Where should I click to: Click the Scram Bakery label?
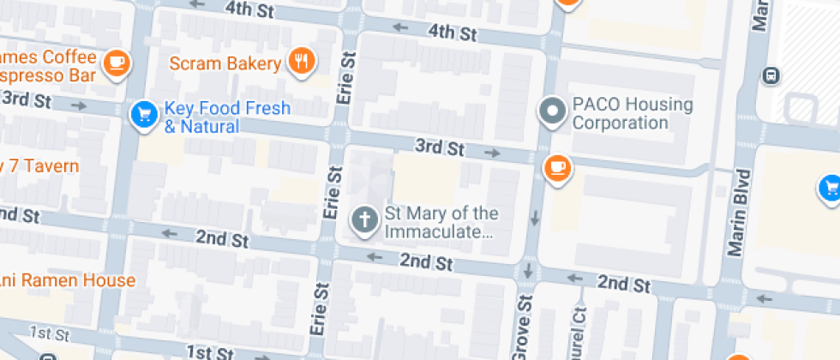(x=225, y=63)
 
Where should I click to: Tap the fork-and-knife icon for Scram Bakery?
(x=301, y=61)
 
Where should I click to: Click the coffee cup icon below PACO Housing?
(x=558, y=166)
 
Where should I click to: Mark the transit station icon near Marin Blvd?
(x=771, y=75)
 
